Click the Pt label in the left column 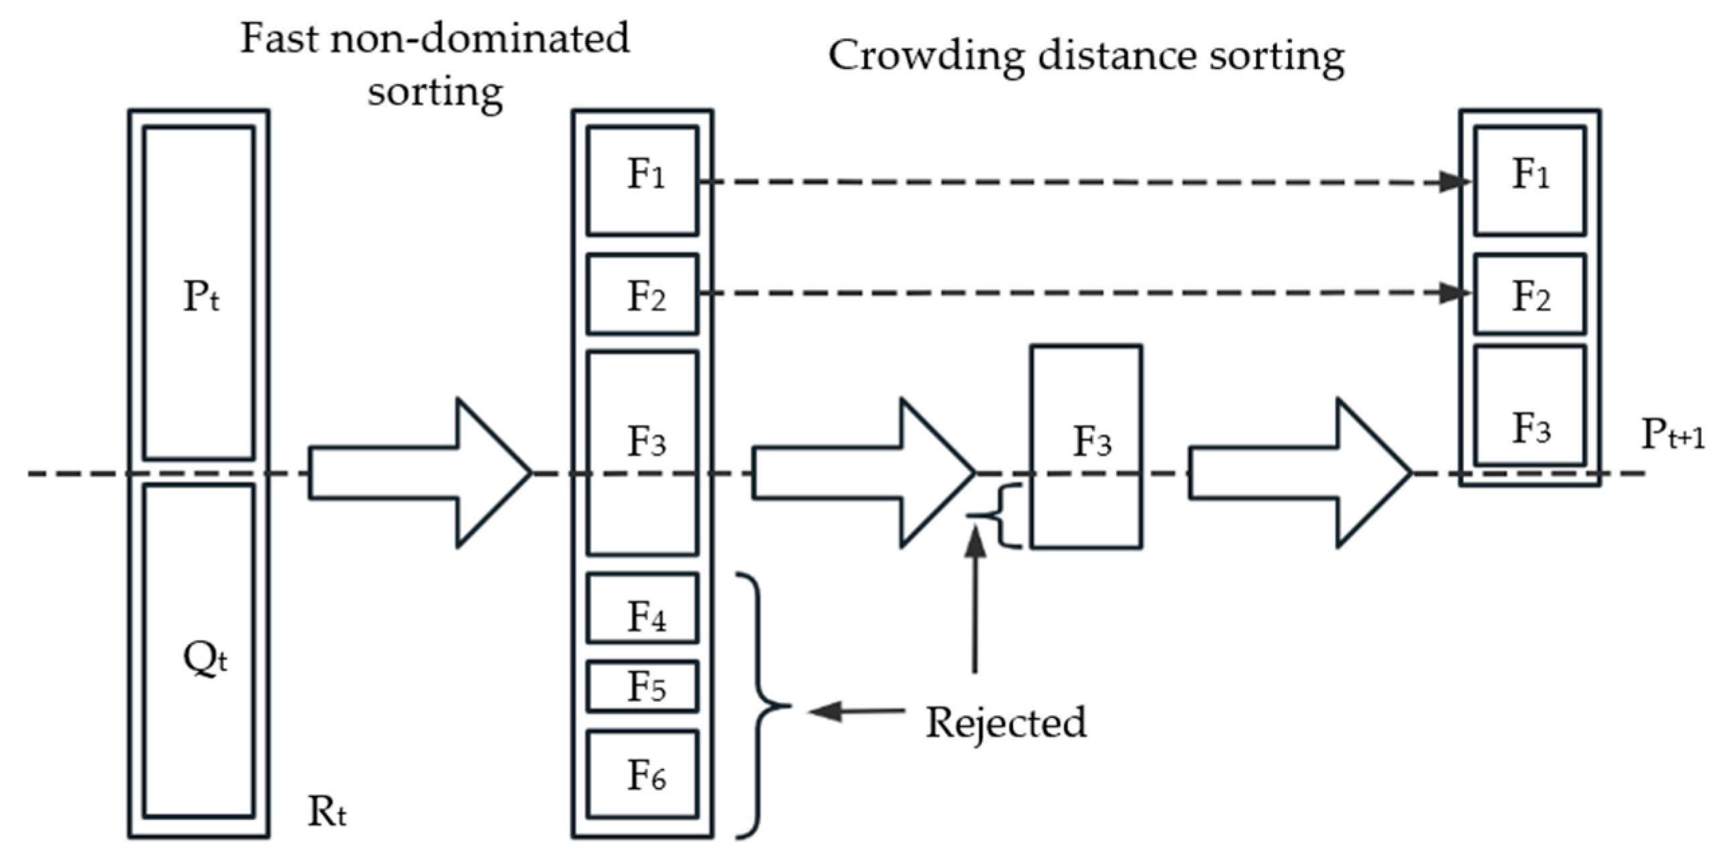[201, 297]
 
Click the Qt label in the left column [205, 659]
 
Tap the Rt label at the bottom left [327, 812]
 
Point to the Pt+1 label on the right [1672, 435]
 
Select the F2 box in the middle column [643, 295]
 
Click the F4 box [643, 608]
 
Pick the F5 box [643, 686]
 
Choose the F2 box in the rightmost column [1530, 295]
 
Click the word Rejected [1006, 723]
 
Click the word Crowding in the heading [926, 56]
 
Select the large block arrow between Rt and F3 [419, 473]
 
